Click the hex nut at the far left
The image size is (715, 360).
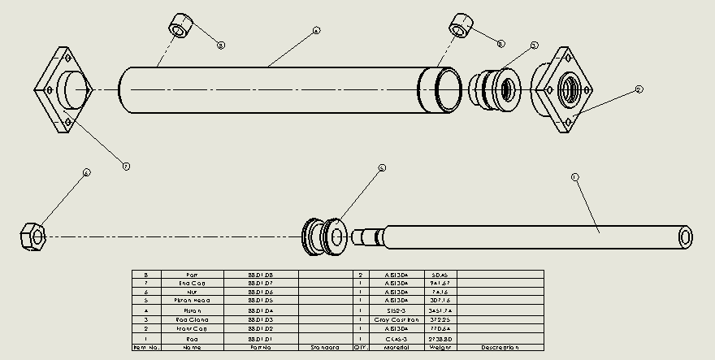click(x=32, y=236)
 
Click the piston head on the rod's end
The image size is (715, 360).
click(x=323, y=236)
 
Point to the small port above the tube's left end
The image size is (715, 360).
click(x=181, y=25)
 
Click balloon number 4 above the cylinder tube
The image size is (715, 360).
click(x=316, y=31)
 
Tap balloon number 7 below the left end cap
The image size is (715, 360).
click(x=126, y=166)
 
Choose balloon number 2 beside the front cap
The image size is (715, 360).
click(x=639, y=89)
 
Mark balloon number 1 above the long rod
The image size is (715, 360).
click(x=574, y=176)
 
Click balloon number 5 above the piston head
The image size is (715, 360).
click(x=382, y=168)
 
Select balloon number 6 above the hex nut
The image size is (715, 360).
click(x=86, y=172)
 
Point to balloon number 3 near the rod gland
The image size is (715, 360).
click(x=535, y=46)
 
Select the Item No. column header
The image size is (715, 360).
click(x=146, y=348)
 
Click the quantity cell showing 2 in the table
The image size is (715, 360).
click(x=360, y=275)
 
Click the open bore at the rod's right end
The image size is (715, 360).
click(x=685, y=237)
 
